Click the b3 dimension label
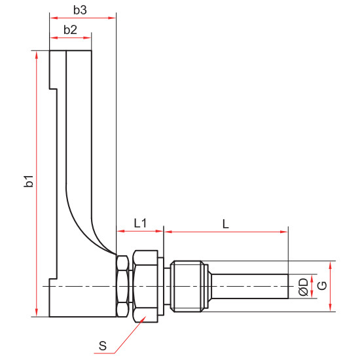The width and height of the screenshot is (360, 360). point(80,10)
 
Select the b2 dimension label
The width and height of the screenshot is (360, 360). point(70,30)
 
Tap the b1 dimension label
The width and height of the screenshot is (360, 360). point(29,181)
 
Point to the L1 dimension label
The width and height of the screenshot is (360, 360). point(140,223)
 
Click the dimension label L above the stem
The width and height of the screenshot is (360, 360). point(226,224)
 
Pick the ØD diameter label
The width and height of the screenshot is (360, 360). point(304,287)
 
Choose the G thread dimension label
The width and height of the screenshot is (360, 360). point(322,285)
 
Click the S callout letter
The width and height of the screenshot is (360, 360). point(103,346)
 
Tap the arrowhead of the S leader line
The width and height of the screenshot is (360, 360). point(144,318)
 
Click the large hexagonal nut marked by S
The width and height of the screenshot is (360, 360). point(145,286)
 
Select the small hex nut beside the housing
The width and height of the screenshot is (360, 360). point(122,286)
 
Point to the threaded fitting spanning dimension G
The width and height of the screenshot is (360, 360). point(189,286)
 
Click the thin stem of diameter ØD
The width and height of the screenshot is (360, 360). point(250,286)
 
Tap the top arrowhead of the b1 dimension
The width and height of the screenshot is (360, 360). point(36,55)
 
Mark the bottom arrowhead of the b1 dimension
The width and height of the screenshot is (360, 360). point(36,313)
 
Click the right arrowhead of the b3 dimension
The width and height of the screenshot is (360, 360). point(112,18)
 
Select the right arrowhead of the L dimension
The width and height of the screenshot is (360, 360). point(284,232)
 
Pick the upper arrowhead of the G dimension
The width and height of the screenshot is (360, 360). point(330,265)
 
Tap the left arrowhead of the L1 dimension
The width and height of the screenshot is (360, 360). point(121,231)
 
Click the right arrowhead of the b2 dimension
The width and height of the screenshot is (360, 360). point(87,38)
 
